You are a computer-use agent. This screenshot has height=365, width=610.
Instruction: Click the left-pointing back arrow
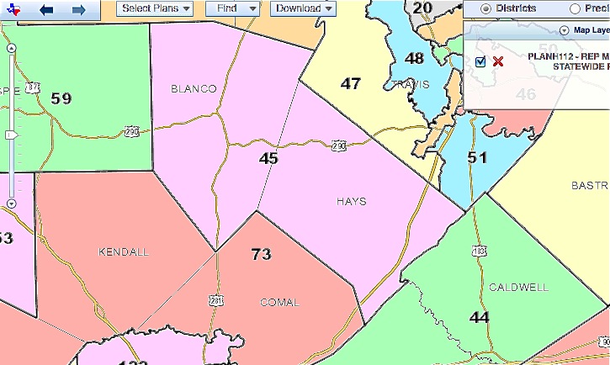click(x=46, y=9)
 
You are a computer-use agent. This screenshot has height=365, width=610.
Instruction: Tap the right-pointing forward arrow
click(x=78, y=9)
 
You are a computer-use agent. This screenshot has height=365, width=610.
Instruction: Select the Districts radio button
click(x=485, y=8)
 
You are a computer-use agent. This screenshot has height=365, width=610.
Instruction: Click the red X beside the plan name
click(x=498, y=61)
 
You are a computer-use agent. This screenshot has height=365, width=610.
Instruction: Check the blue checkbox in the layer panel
click(x=480, y=61)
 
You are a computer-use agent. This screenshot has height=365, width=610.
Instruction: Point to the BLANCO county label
click(x=194, y=88)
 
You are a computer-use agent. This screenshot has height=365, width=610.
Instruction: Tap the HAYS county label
click(x=351, y=202)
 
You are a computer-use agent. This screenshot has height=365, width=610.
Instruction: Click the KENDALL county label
click(x=123, y=251)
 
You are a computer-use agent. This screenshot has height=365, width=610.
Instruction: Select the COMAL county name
click(x=278, y=302)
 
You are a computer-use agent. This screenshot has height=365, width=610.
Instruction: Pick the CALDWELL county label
click(x=518, y=287)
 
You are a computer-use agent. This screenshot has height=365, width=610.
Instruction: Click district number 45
click(x=268, y=158)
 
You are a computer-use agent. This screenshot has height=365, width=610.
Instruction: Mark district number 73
click(x=262, y=253)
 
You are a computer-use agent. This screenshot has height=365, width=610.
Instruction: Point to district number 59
click(x=61, y=98)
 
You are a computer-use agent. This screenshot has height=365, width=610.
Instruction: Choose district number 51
click(x=477, y=157)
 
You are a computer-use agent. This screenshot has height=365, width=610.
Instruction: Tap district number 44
click(x=480, y=317)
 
